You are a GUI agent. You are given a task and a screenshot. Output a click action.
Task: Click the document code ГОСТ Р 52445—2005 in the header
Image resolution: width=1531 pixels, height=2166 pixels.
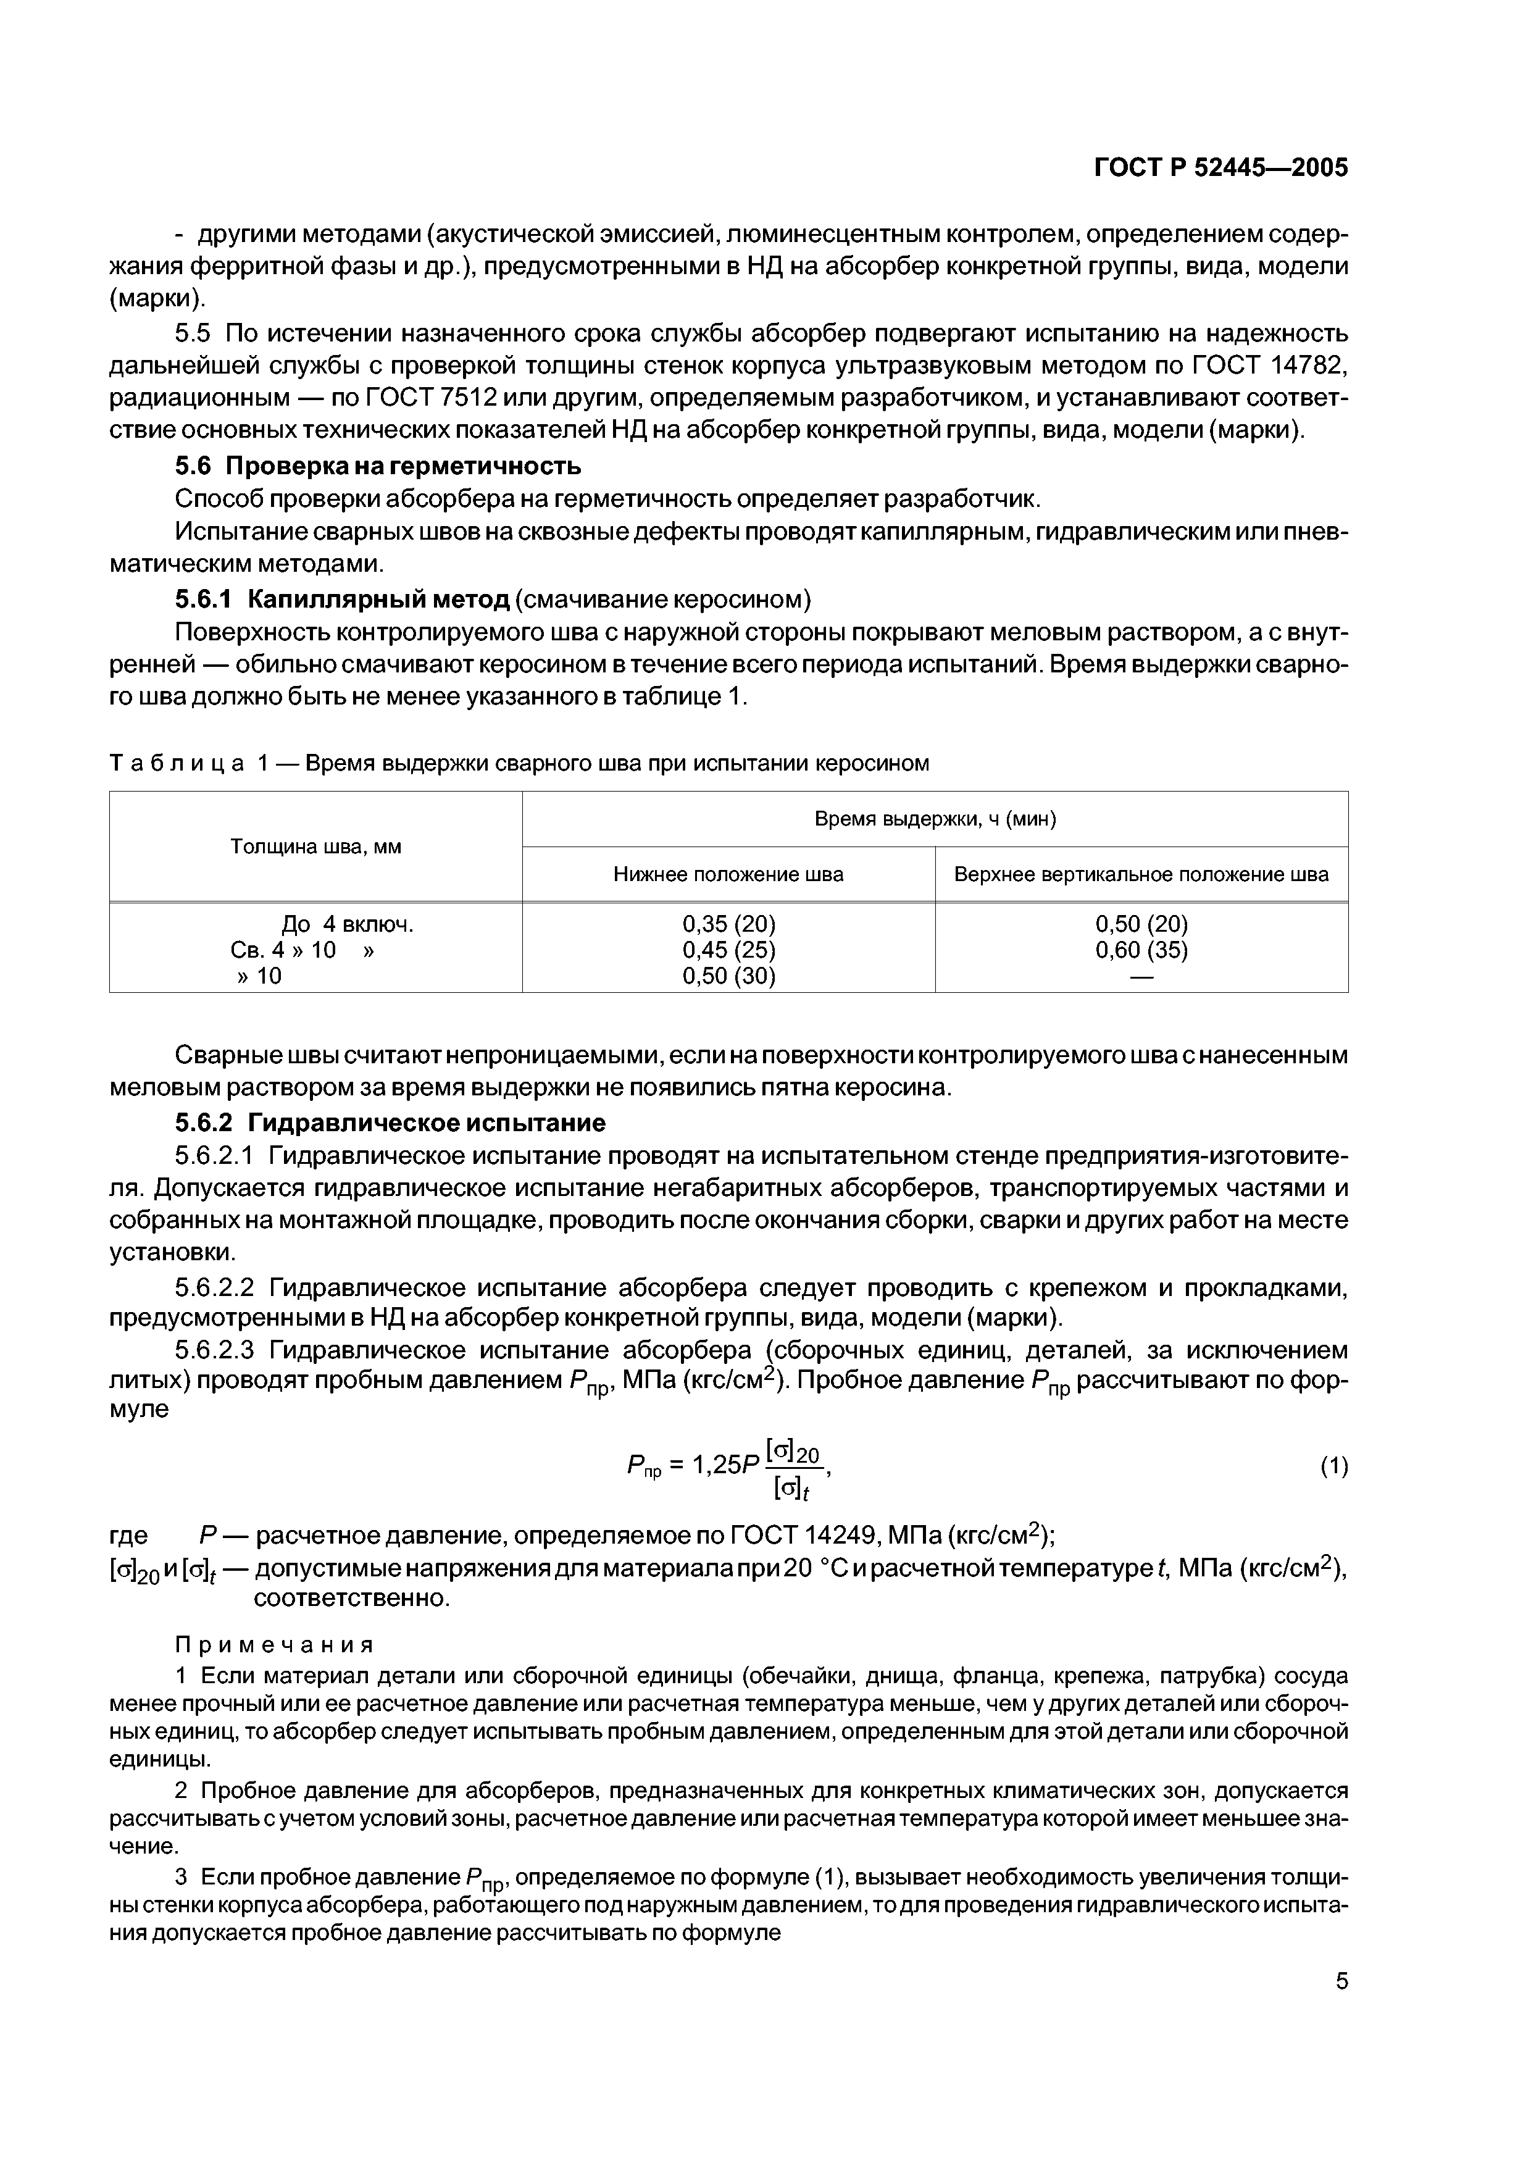point(1220,168)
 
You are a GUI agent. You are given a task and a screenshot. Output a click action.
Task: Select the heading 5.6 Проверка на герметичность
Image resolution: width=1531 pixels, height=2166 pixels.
point(378,466)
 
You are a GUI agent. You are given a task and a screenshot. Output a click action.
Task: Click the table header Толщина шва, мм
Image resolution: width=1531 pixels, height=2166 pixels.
point(316,847)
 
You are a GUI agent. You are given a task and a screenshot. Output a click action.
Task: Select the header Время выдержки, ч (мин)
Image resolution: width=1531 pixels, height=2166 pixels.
point(935,819)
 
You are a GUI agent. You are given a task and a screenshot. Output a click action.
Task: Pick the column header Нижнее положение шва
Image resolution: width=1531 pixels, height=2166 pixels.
point(728,874)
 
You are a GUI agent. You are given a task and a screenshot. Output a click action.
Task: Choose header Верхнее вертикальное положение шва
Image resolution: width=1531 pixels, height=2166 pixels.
point(1141,874)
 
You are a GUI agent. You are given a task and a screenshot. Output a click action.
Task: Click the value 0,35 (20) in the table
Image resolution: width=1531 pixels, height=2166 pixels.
point(729,924)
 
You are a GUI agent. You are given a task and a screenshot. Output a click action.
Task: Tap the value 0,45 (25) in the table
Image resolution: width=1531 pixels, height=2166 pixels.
point(729,950)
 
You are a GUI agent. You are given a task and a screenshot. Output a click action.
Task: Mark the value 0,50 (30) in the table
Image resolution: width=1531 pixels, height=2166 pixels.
point(729,976)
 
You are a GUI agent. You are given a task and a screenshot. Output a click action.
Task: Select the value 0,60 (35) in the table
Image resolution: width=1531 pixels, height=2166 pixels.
point(1141,950)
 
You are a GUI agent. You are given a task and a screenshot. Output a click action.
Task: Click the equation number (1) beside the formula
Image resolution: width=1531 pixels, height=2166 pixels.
point(1334,1466)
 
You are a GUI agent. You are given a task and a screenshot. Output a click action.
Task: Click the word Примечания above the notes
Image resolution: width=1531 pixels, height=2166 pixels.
point(275,1644)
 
